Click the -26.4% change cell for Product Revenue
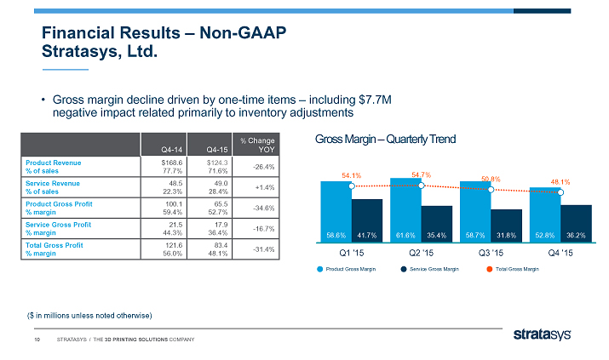click(260, 167)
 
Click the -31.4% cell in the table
click(260, 249)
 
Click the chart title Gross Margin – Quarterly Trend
click(385, 140)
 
